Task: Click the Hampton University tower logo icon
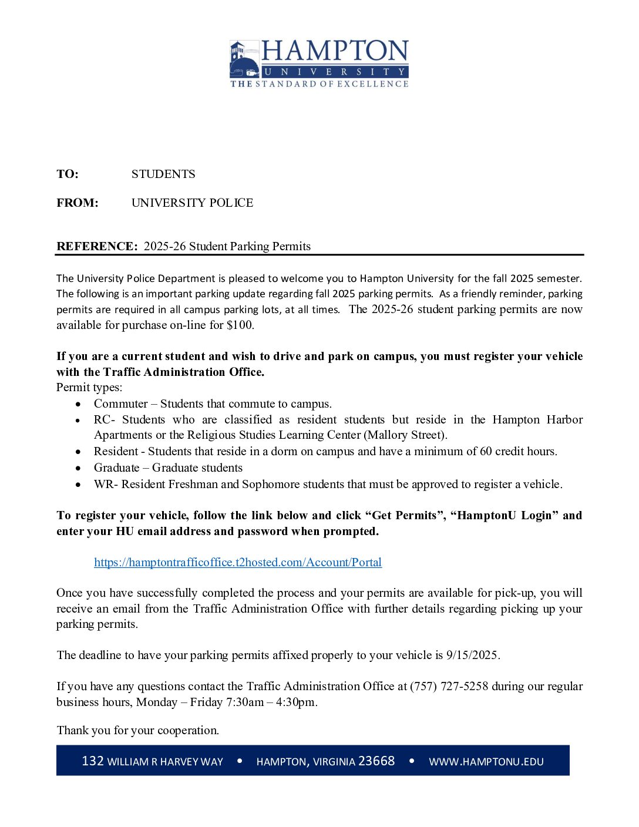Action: pyautogui.click(x=244, y=59)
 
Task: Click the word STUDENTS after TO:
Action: pyautogui.click(x=163, y=174)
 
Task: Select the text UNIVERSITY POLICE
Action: pyautogui.click(x=192, y=203)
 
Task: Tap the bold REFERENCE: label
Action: pyautogui.click(x=97, y=247)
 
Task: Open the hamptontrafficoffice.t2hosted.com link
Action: pyautogui.click(x=238, y=563)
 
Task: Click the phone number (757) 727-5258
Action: pyautogui.click(x=449, y=687)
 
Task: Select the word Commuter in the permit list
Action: pyautogui.click(x=120, y=404)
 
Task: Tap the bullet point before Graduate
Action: pyautogui.click(x=79, y=469)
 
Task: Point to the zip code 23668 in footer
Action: pyautogui.click(x=376, y=761)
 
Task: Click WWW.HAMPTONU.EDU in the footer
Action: pyautogui.click(x=486, y=762)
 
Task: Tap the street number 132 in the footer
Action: pyautogui.click(x=93, y=761)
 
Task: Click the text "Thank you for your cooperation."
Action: pyautogui.click(x=138, y=731)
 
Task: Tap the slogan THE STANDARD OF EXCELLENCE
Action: pyautogui.click(x=319, y=85)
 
